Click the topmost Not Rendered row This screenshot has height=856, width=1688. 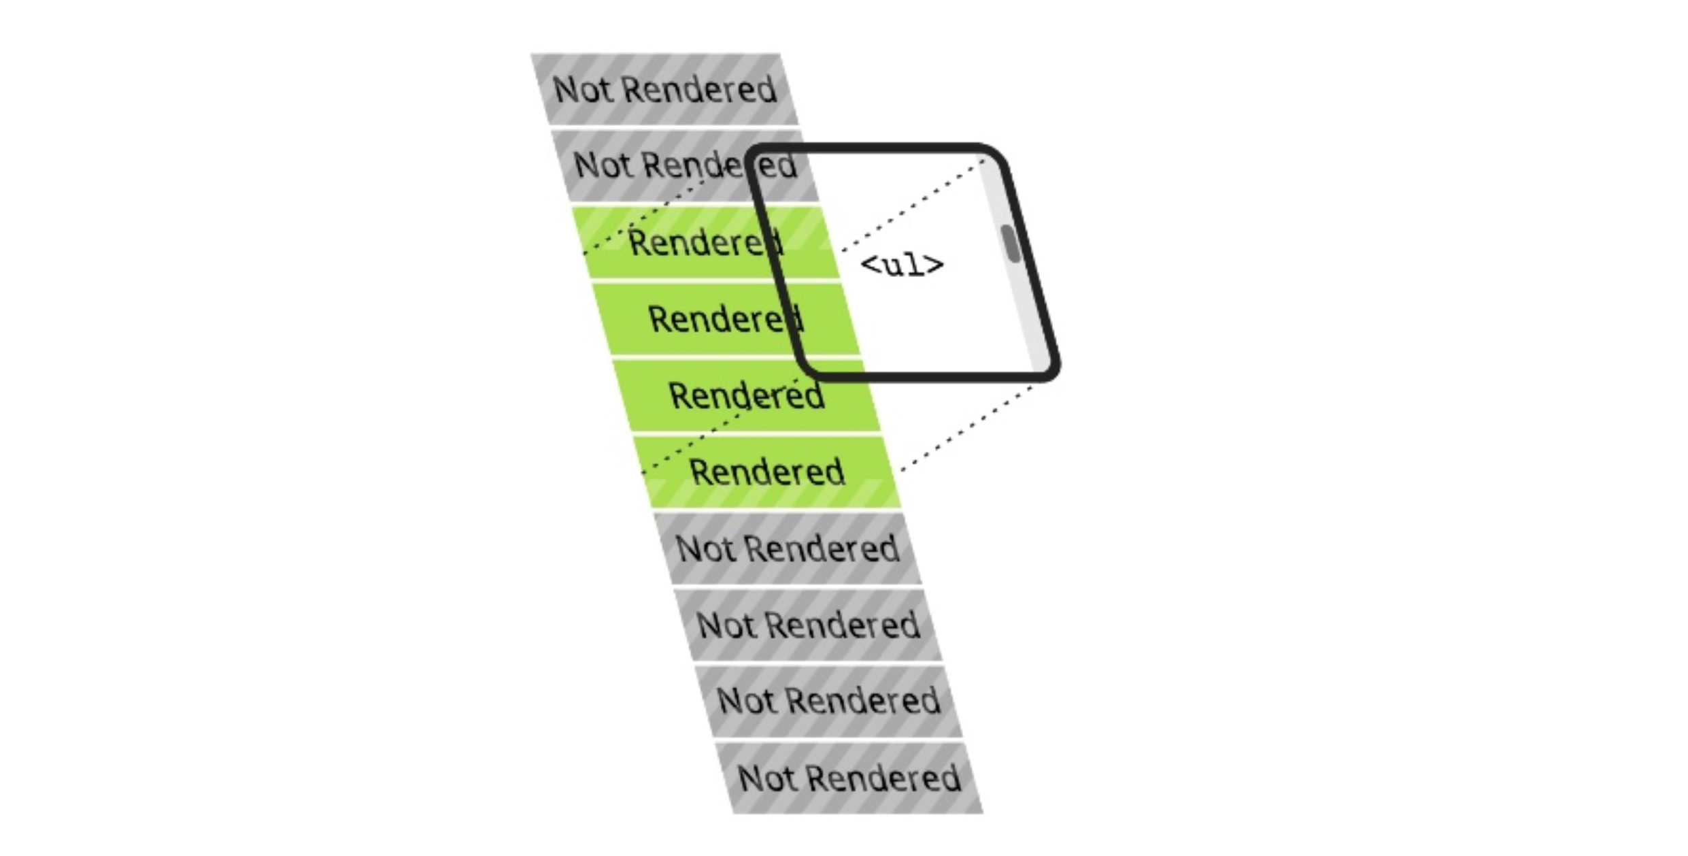[x=664, y=89]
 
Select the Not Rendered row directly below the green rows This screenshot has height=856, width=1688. [x=787, y=548]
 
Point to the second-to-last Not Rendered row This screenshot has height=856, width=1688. [x=828, y=701]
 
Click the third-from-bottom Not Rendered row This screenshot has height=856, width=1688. [x=808, y=625]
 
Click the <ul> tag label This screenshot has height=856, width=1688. [x=902, y=265]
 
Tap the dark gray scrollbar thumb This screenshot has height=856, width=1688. [x=1011, y=244]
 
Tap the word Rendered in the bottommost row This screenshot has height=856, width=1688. [x=883, y=778]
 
